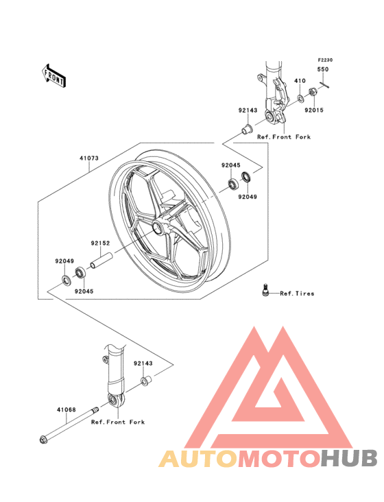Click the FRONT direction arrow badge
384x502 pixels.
click(x=54, y=74)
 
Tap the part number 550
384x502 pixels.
click(x=322, y=70)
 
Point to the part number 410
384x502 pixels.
click(x=300, y=81)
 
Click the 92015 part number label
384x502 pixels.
click(x=314, y=109)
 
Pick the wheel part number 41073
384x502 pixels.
click(x=88, y=158)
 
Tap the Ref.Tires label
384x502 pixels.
click(x=297, y=294)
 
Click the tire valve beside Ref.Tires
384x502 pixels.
click(x=264, y=291)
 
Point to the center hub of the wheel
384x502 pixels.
click(x=159, y=229)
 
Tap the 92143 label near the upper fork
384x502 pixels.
click(x=248, y=110)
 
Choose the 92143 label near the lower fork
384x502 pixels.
click(x=143, y=363)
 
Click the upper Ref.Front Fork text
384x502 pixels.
click(x=283, y=137)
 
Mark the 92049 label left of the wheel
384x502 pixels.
click(x=65, y=261)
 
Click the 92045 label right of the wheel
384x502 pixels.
click(x=230, y=165)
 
